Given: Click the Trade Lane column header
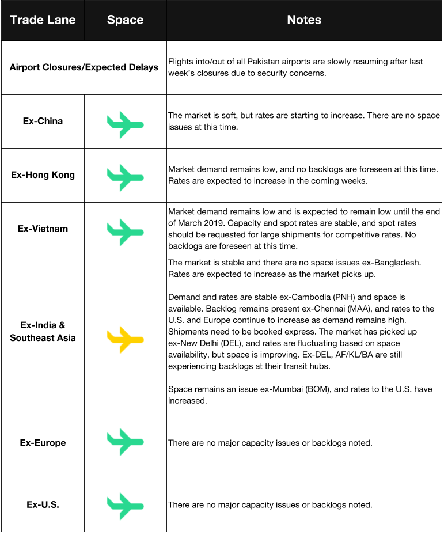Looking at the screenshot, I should coord(43,20).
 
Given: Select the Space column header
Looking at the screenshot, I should coord(125,20).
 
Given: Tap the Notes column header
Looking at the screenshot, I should coord(304,20).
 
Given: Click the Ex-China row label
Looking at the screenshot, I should coord(43,122).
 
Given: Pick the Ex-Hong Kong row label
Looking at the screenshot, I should coord(43,175).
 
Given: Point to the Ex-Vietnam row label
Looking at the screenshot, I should coord(43,229).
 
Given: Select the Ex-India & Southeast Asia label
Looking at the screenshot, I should coord(43,332).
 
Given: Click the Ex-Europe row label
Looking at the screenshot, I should coord(43,443).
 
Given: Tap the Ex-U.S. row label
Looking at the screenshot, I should coord(43,505).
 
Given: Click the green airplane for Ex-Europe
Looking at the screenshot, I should coord(125,442).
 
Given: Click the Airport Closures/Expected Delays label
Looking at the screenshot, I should coord(84,67).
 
